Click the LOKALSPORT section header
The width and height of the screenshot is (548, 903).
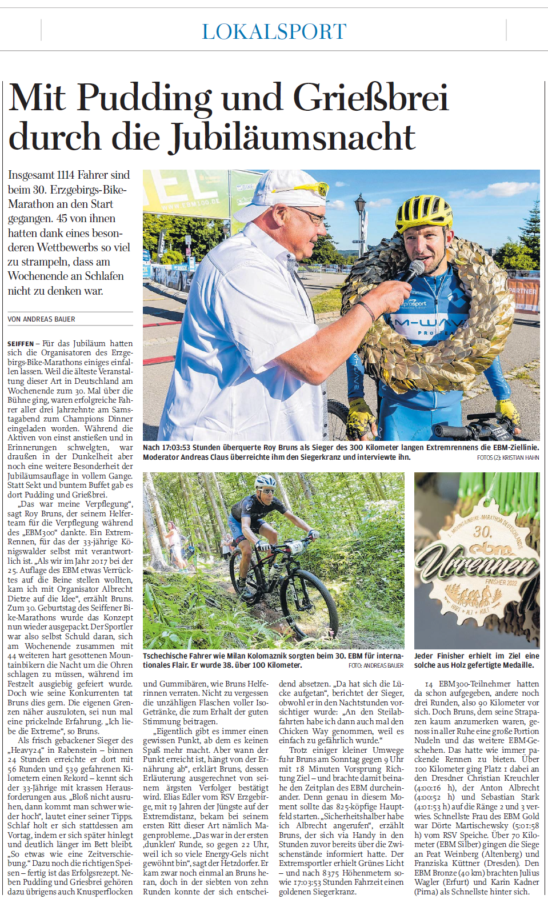[274, 31]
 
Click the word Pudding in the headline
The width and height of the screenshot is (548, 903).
[144, 98]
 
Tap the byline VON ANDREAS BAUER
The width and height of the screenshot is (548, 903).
[41, 319]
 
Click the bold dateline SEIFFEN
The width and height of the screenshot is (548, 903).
[21, 344]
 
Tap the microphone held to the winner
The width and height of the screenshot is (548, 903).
[414, 269]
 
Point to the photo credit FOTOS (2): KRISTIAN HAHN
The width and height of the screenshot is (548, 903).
[508, 457]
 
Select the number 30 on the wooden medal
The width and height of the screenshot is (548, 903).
[482, 532]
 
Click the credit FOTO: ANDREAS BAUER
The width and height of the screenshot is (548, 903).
[376, 665]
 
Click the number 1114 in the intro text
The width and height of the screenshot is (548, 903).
[66, 175]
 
